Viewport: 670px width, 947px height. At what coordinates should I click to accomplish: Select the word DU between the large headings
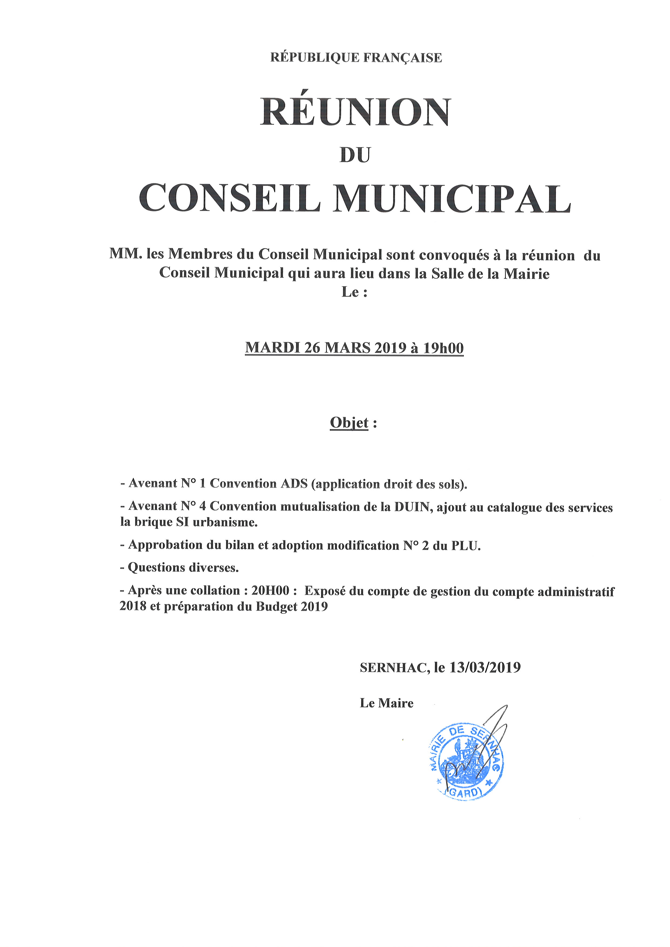pyautogui.click(x=355, y=155)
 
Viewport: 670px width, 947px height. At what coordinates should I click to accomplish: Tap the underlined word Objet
pyautogui.click(x=349, y=423)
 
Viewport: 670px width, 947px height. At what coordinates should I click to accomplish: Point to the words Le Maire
pyautogui.click(x=387, y=703)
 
